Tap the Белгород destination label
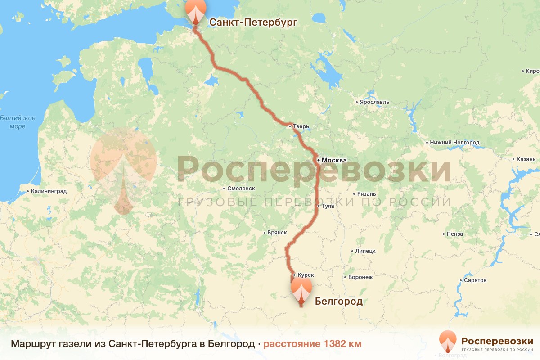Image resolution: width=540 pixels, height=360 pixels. (x=338, y=301)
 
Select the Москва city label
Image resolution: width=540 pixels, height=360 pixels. (x=334, y=160)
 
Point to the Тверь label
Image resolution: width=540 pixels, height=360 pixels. (x=301, y=126)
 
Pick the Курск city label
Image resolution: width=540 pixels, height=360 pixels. (x=306, y=274)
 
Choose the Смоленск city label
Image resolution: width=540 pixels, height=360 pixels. (x=242, y=189)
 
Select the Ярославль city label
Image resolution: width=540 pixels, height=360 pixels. (x=374, y=102)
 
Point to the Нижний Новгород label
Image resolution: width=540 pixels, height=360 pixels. (x=454, y=143)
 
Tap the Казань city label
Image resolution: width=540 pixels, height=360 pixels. (x=525, y=159)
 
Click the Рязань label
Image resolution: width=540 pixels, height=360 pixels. (x=366, y=194)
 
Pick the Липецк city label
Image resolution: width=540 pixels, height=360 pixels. (x=365, y=251)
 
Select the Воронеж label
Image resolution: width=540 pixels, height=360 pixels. (x=361, y=277)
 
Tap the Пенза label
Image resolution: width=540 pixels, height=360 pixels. (x=455, y=234)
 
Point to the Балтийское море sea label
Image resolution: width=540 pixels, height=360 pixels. (x=18, y=122)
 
